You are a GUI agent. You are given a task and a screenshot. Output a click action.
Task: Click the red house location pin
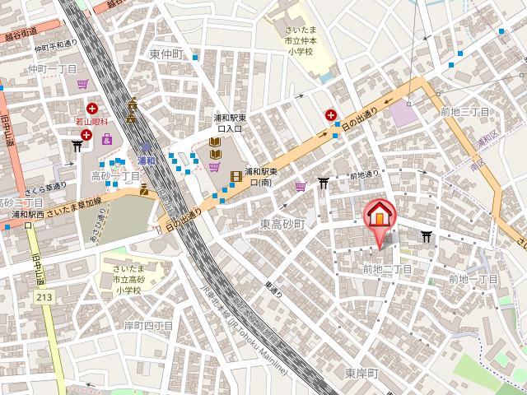379,217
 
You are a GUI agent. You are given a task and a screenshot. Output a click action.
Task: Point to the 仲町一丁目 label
52,69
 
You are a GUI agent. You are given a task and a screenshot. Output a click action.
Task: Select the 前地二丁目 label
387,269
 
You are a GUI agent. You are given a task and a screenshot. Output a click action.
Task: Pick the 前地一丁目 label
472,280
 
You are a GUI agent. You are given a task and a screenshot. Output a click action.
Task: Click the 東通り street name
273,290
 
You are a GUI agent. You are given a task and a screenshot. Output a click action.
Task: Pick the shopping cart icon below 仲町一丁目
82,84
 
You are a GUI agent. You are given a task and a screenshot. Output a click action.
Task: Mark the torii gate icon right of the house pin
426,237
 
